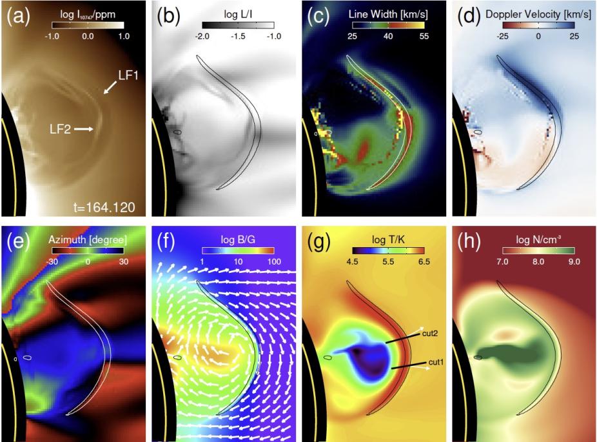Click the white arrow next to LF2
[84, 129]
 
